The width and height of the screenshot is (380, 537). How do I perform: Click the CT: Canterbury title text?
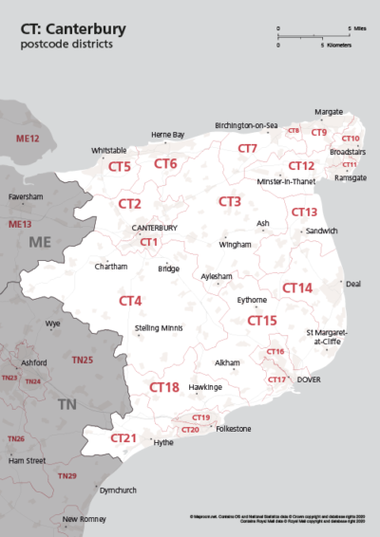click(72, 29)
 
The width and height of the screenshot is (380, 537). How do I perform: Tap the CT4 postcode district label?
click(130, 301)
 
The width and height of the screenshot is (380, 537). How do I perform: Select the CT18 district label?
click(164, 387)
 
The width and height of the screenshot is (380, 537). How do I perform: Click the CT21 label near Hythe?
click(123, 438)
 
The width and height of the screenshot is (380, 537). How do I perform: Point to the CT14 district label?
click(296, 287)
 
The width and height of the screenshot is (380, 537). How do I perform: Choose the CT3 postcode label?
click(229, 201)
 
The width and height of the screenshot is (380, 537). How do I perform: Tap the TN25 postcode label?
click(83, 361)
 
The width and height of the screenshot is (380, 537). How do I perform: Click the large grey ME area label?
click(39, 243)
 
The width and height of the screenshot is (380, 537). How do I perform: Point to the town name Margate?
click(328, 111)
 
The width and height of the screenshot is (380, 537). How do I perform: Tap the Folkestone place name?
click(233, 430)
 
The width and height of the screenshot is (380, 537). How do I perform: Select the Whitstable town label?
click(109, 150)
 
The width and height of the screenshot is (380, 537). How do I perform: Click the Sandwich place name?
click(322, 231)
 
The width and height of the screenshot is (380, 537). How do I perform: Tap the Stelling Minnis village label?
click(158, 327)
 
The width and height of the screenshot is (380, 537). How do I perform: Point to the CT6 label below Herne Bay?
click(165, 164)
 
